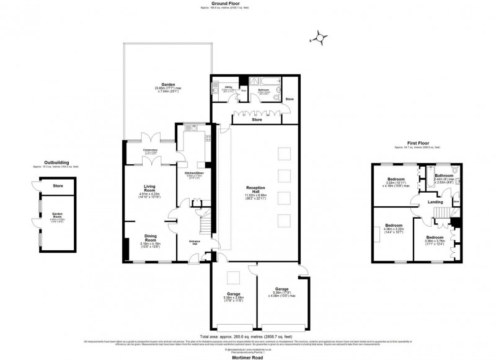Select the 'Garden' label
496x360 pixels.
click(167, 84)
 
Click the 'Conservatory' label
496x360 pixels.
click(150, 151)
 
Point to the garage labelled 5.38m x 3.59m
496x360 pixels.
click(234, 294)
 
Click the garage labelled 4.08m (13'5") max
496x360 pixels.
click(282, 292)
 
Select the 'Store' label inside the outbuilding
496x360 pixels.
click(58, 185)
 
